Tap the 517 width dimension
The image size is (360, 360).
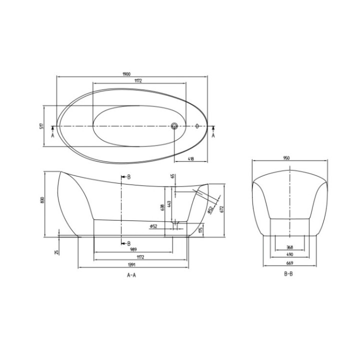[42, 126]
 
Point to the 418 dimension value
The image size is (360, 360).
[190, 159]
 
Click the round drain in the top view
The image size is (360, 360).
[174, 125]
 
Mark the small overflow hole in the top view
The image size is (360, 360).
[197, 126]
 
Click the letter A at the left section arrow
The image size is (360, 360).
[53, 135]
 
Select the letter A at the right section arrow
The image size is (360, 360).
[214, 135]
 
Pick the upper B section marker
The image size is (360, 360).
[128, 177]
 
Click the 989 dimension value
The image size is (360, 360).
[133, 249]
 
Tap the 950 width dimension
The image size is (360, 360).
[286, 157]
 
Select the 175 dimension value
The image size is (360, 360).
[200, 229]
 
